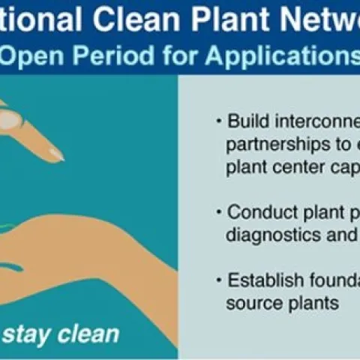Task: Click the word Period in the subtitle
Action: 112,56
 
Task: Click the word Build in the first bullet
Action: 247,121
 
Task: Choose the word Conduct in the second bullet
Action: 259,212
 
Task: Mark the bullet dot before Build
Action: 218,121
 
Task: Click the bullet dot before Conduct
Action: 218,212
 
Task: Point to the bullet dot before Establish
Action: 218,281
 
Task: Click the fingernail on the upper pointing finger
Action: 54,154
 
